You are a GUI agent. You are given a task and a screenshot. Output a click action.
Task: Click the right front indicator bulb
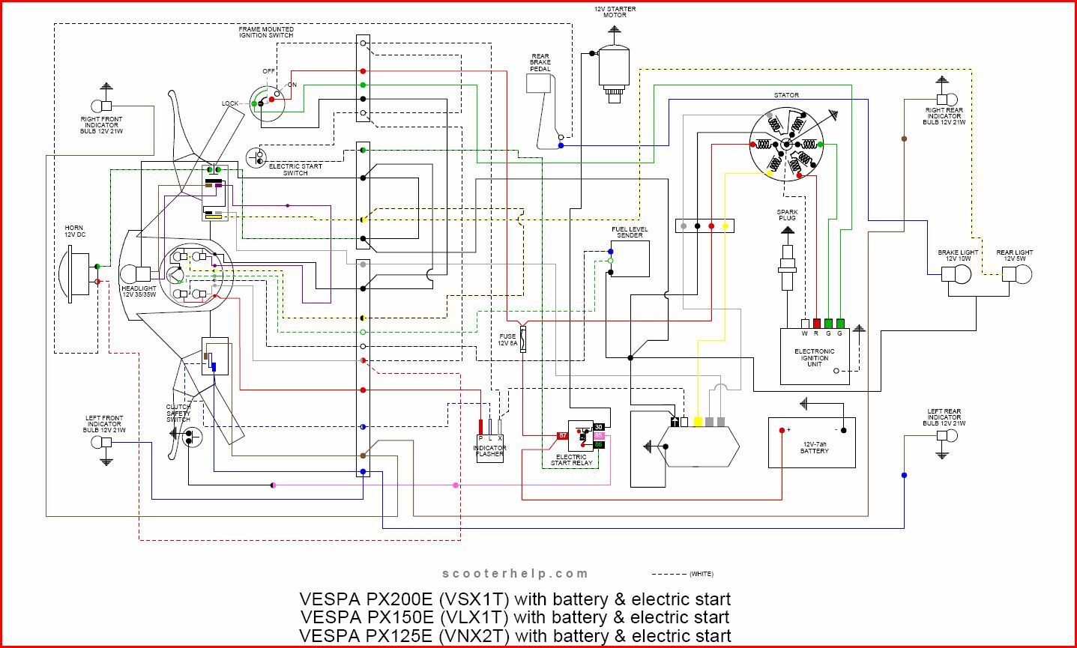click(100, 106)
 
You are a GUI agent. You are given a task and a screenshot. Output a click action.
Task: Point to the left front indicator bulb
click(100, 442)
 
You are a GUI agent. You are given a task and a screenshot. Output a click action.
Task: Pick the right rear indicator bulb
click(947, 98)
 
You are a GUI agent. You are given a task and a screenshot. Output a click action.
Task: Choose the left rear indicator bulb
click(947, 435)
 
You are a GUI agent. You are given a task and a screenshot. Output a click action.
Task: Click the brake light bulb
click(956, 274)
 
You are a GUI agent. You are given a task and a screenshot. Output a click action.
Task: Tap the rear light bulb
click(1017, 274)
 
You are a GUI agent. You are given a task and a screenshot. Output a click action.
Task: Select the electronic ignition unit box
click(815, 357)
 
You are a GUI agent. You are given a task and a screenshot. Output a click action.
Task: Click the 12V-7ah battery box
click(812, 442)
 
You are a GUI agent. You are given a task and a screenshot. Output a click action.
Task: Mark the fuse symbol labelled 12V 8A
click(522, 340)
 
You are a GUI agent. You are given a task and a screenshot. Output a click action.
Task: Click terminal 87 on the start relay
click(561, 435)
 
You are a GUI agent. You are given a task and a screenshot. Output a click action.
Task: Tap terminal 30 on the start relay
click(598, 426)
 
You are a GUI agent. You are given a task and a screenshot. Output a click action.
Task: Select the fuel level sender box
click(630, 259)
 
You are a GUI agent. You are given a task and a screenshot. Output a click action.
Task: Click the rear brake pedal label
click(540, 62)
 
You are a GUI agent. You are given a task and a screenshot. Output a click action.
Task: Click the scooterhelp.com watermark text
click(516, 574)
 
